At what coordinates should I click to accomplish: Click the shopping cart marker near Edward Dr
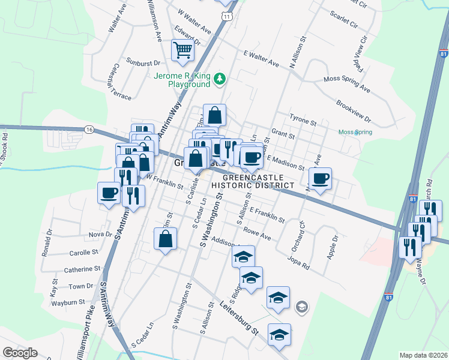point(183,51)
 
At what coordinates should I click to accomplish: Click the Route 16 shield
point(89,130)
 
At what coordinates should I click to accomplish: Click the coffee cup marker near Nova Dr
point(109,193)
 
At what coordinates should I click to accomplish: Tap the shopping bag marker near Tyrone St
point(215,115)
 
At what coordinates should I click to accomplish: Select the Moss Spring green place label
point(355,132)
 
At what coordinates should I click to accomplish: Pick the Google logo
point(19,353)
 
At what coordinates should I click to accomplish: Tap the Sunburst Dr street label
point(143,62)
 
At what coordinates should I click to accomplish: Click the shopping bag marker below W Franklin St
point(165,239)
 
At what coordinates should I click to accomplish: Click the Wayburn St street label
point(71,302)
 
